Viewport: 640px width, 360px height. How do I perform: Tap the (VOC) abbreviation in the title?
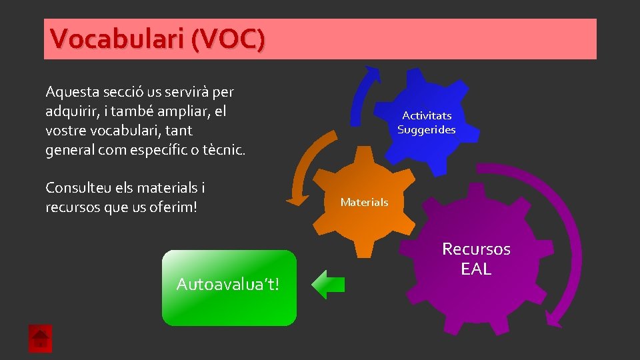tap(227, 39)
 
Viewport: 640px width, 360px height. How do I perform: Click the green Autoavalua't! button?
tap(229, 287)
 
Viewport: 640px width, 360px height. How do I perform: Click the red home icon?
tap(40, 339)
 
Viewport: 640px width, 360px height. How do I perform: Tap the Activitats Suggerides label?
tap(427, 123)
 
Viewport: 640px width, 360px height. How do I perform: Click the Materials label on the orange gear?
tap(364, 202)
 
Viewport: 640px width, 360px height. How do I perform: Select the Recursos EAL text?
tap(476, 259)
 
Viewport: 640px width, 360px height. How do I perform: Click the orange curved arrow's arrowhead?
tap(293, 199)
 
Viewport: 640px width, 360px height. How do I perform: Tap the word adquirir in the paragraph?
tap(71, 111)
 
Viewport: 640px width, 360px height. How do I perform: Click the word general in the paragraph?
tap(69, 150)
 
